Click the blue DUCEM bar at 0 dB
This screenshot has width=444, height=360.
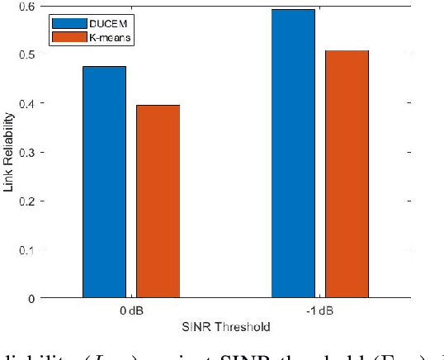pos(104,182)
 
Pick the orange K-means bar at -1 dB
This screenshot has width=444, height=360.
pos(347,173)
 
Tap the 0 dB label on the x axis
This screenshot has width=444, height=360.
pos(131,312)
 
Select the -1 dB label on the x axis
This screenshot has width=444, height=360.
pos(320,312)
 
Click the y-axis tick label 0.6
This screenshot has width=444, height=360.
pos(29,6)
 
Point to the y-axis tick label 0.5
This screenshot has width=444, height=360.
pos(29,54)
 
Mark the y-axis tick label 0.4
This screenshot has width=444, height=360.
pos(29,103)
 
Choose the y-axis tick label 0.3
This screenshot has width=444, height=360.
pos(29,152)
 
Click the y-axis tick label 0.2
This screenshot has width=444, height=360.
pos(29,201)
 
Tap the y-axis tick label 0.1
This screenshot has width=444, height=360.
pos(29,249)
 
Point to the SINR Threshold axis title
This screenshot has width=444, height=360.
pos(225,328)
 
